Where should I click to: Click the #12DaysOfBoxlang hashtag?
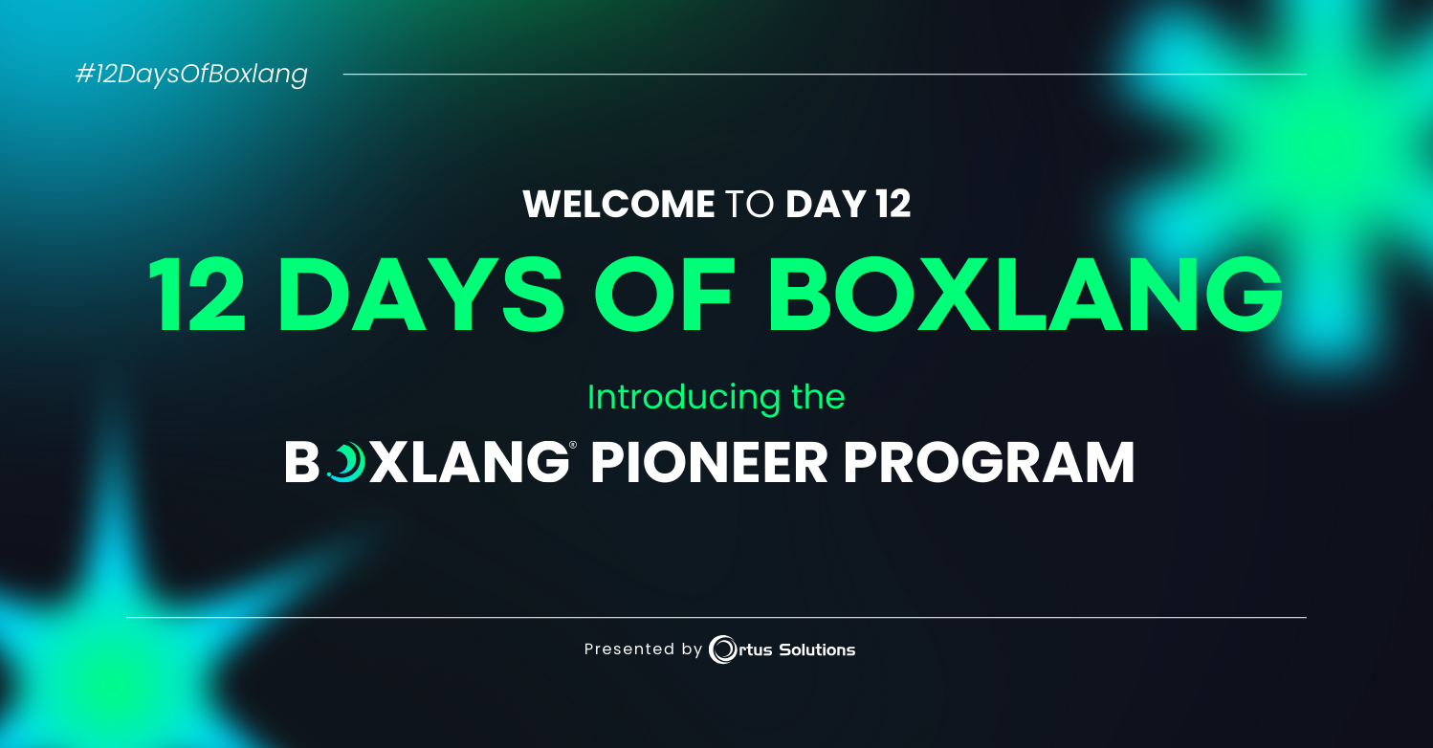coord(191,75)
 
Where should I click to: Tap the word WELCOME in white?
coord(619,204)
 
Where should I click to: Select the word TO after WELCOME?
coord(750,204)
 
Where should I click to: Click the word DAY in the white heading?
coord(826,204)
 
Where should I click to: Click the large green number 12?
coord(197,294)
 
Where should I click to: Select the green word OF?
coord(663,294)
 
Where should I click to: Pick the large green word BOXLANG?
coord(1025,294)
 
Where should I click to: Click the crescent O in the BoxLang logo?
coord(346,462)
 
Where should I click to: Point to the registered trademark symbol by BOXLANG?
coord(573,445)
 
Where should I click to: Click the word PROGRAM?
coord(989,462)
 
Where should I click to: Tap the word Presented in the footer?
coord(629,649)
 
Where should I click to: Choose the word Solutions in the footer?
coord(817,649)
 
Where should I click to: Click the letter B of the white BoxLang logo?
coord(302,462)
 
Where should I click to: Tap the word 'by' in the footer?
coord(693,650)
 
